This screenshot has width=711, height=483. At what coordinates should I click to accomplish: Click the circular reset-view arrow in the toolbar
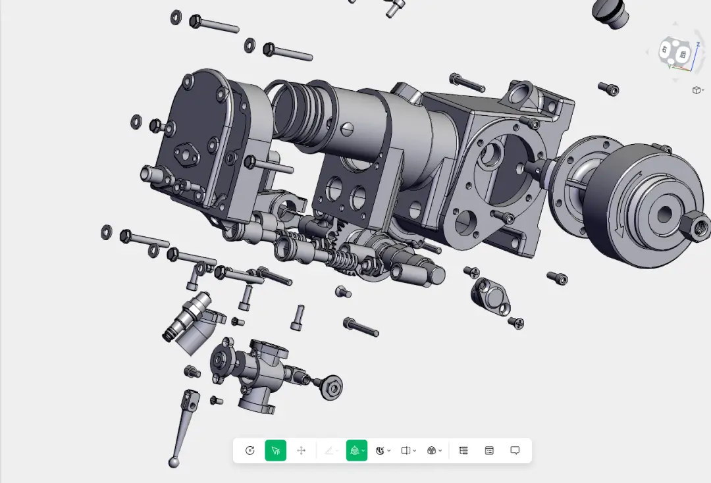[x=250, y=450]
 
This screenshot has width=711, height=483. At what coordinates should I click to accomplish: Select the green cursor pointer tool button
[x=276, y=450]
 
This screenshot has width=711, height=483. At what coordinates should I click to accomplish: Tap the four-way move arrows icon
[x=302, y=450]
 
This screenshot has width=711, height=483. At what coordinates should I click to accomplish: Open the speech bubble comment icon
[x=515, y=450]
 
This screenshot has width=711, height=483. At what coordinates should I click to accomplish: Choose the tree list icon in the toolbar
[x=463, y=450]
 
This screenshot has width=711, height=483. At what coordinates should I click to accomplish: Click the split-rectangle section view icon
[x=406, y=450]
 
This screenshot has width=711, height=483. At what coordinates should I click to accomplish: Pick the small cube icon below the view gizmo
[x=697, y=90]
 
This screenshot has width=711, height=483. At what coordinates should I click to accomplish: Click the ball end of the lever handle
[x=174, y=463]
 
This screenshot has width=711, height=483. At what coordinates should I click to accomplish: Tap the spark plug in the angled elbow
[x=187, y=318]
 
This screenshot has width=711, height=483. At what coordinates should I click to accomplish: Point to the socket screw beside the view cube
[x=608, y=88]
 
